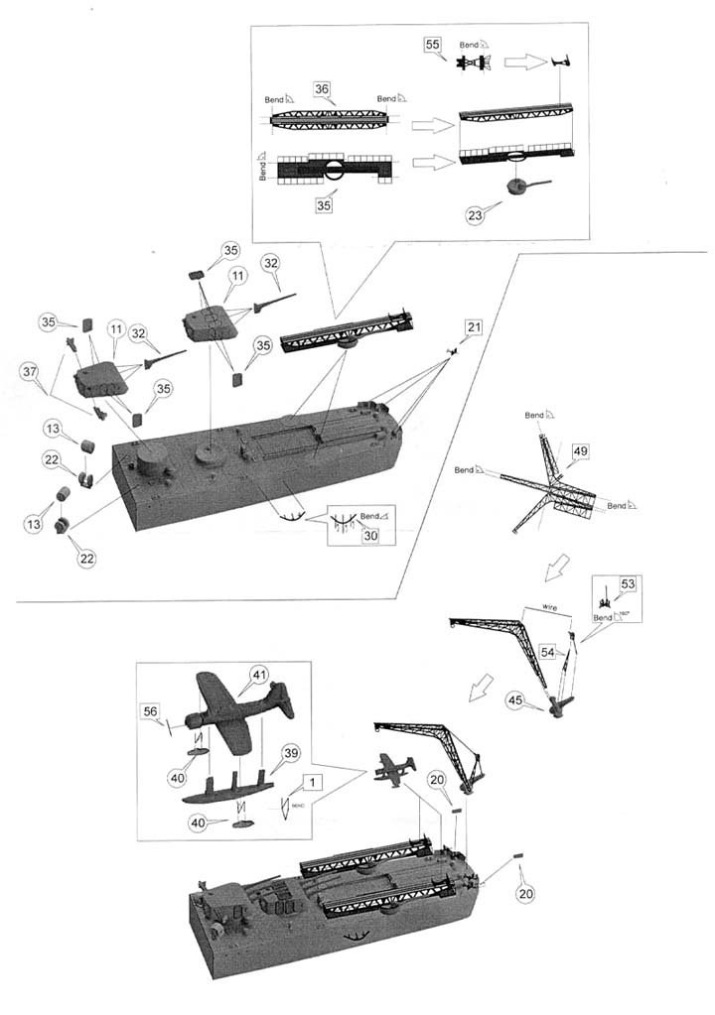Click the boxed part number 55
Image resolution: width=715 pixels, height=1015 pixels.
pos(433,46)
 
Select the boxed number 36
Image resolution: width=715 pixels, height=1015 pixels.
pos(322,89)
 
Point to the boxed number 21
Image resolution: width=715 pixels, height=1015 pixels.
pos(475,328)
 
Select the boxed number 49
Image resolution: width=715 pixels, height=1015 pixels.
pos(581,451)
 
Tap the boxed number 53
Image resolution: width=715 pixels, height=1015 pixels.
pos(627,584)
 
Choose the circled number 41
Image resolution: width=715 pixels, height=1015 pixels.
pos(259,675)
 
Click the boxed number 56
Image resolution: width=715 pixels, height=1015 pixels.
pos(149,711)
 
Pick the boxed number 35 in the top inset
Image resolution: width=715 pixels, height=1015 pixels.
pos(322,206)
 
